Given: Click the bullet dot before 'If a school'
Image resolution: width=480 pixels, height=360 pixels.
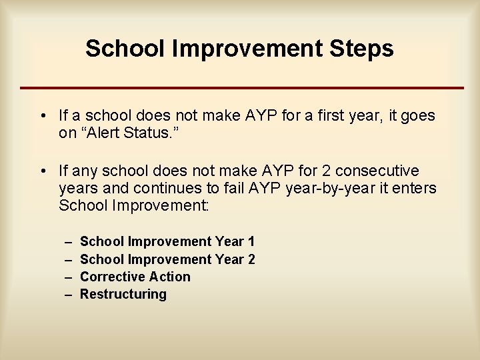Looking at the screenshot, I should click(42, 116).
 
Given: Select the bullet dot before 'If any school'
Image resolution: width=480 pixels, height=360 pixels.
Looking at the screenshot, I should click(42, 171).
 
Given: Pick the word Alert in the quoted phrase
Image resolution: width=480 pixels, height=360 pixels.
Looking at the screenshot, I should click(104, 133).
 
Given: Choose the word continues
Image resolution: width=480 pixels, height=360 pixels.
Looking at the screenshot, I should click(151, 189).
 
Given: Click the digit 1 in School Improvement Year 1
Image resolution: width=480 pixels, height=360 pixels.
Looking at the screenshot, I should click(251, 241).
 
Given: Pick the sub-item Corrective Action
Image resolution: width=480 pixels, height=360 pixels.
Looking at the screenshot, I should click(135, 277).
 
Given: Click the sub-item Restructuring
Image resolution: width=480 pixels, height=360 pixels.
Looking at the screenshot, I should click(123, 294).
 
